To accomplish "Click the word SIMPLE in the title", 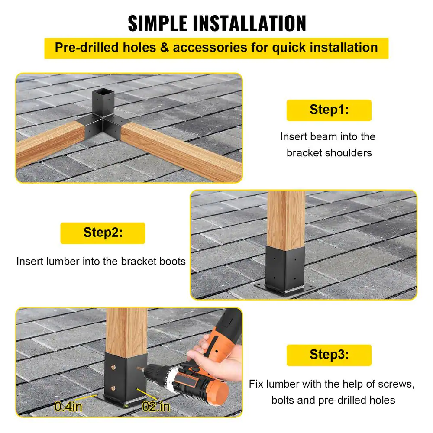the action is click(x=158, y=23).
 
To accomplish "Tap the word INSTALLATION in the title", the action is click(x=250, y=23).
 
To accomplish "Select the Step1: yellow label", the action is click(x=329, y=110).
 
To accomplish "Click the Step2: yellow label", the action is click(x=103, y=233).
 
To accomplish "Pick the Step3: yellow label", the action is click(x=329, y=355).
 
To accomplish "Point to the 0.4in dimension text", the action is click(x=68, y=407).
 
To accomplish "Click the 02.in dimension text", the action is click(x=156, y=407).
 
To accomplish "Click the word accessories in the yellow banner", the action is click(x=210, y=48).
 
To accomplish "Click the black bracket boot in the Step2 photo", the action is click(x=285, y=271).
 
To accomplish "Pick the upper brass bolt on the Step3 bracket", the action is click(x=113, y=368).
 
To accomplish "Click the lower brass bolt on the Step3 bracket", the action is click(x=113, y=388).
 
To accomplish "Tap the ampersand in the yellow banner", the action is click(x=164, y=48).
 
